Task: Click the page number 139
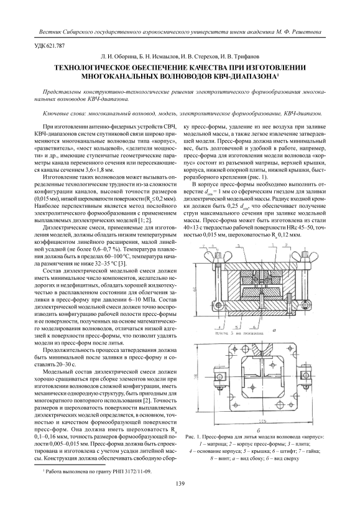click(180, 484)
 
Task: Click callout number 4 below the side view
click(220, 326)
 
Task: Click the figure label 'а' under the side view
click(274, 330)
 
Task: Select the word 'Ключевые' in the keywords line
click(54, 114)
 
